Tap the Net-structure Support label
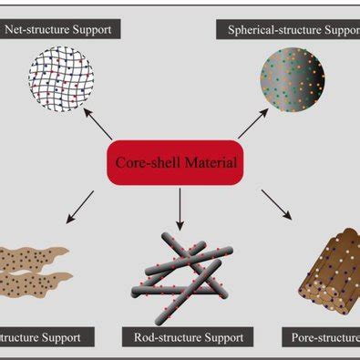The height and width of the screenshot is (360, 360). coord(59,29)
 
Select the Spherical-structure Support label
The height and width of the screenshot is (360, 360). coord(289,29)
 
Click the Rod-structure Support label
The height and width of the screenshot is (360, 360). coord(185,337)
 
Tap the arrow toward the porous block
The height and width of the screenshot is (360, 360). coord(275,204)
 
